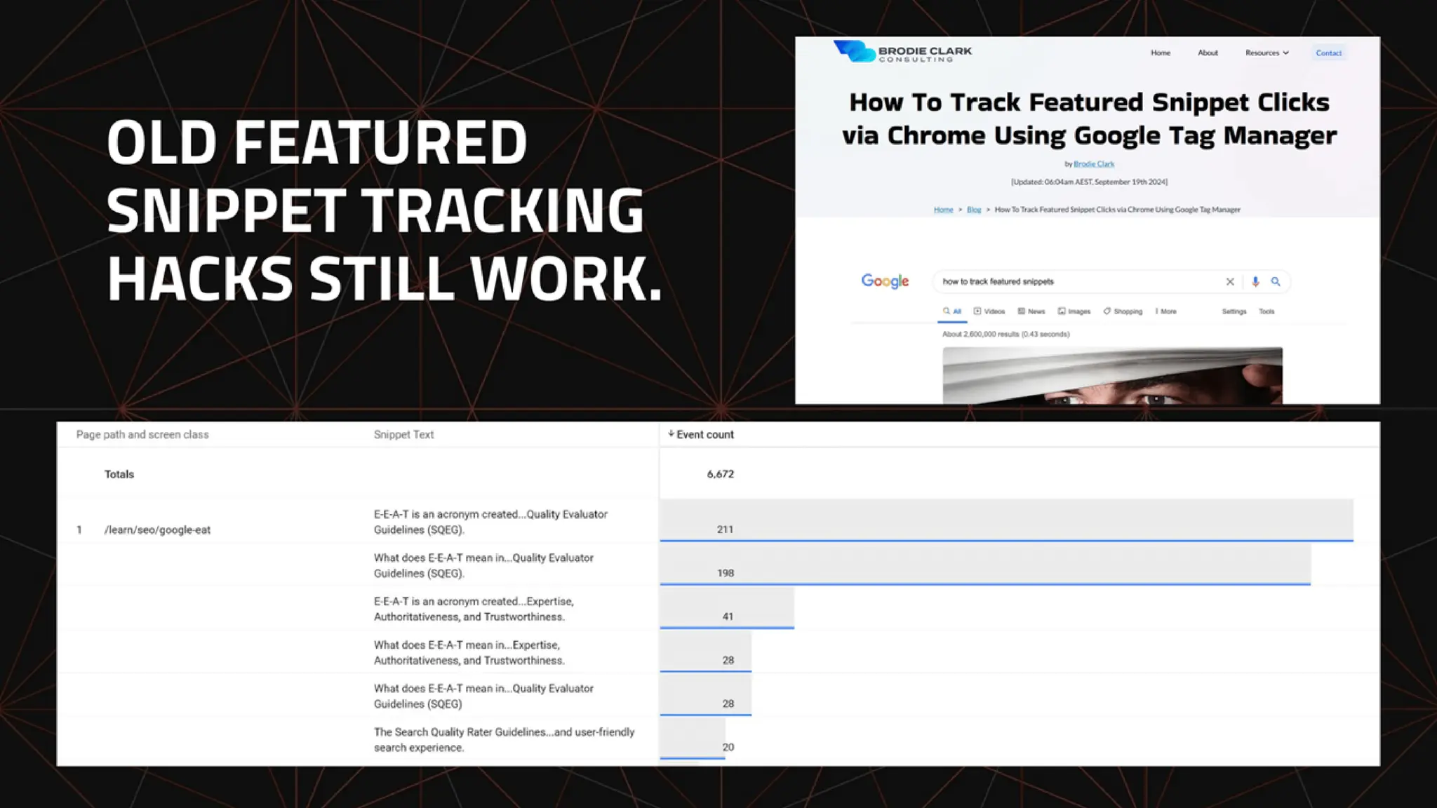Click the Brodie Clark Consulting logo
[902, 52]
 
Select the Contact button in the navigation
[1328, 53]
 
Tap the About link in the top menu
[1208, 53]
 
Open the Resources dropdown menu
[1266, 53]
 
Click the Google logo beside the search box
[885, 281]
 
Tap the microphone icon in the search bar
[1255, 281]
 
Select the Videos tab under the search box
[989, 311]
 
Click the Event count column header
[704, 435]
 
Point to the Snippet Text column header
[403, 435]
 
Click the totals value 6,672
[720, 474]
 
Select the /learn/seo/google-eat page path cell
[157, 530]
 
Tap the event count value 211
[725, 530]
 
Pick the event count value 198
[725, 573]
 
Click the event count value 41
[728, 617]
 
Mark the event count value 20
[728, 747]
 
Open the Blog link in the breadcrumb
[974, 210]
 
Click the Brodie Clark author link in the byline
[1094, 164]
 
